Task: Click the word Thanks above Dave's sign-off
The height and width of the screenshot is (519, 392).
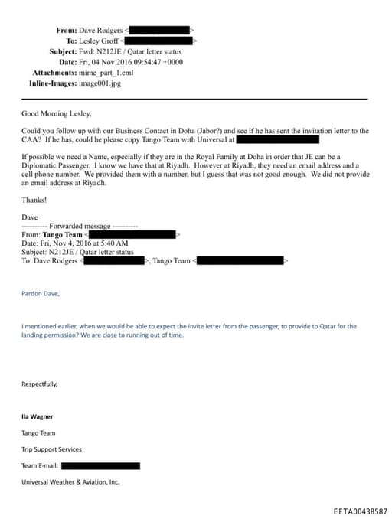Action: (34, 200)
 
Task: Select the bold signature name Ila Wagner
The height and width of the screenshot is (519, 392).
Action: (38, 416)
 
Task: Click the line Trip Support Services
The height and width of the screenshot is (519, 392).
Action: (51, 449)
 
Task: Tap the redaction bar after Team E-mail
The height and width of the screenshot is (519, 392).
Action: (100, 465)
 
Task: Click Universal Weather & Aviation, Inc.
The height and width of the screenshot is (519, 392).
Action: (70, 481)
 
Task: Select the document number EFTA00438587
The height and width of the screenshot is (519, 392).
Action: (361, 511)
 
